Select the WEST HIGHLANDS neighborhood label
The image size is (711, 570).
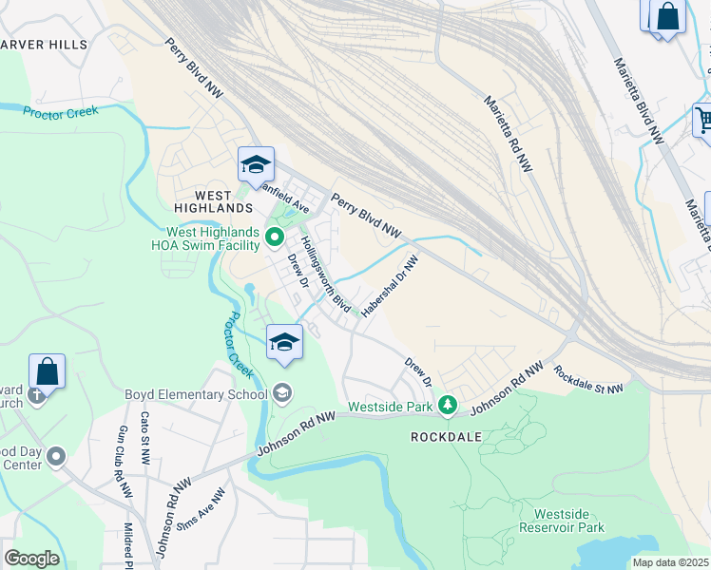coord(213,207)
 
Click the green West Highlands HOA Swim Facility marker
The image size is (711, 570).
coord(275,236)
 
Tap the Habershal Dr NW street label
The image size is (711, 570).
coord(390,283)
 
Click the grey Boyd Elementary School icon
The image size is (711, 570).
coord(282,392)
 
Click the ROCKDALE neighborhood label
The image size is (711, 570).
coord(446,437)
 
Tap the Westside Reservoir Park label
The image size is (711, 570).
coord(562,520)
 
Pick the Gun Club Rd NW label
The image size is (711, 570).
coord(122,464)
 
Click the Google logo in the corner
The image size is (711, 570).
coord(31,559)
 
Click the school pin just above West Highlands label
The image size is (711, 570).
coord(256,165)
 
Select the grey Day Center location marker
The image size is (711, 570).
coord(56,457)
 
